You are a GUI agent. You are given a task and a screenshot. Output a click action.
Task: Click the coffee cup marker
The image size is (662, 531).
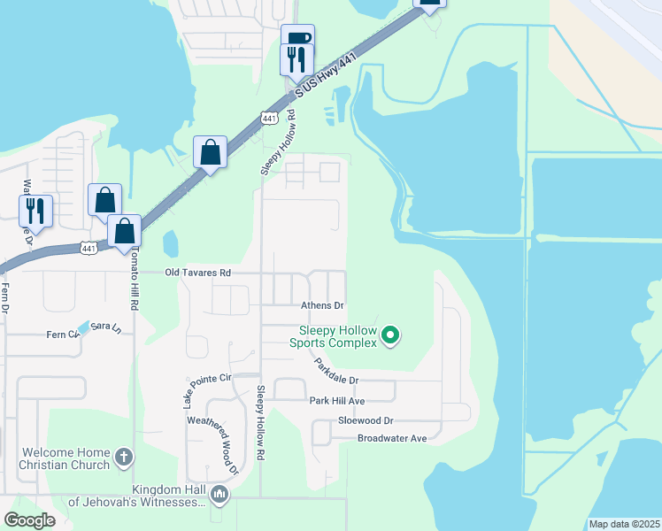(298, 38)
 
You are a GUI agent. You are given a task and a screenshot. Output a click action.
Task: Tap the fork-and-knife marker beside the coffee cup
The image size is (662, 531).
(296, 59)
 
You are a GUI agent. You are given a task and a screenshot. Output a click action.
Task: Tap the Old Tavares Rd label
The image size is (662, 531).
(197, 273)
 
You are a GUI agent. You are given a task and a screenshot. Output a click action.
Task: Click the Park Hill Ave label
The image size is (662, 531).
(337, 401)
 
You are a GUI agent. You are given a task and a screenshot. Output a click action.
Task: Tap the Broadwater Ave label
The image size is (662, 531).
(392, 438)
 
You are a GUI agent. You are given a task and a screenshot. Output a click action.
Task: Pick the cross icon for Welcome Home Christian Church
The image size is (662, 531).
(125, 458)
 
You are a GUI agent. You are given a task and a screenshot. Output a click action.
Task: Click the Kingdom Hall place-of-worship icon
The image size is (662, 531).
(219, 495)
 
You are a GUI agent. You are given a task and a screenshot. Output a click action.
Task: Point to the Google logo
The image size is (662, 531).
(30, 520)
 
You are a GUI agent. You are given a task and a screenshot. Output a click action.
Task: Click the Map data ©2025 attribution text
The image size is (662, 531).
(623, 524)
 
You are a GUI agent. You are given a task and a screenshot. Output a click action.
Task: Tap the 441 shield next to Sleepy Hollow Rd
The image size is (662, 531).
(268, 118)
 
